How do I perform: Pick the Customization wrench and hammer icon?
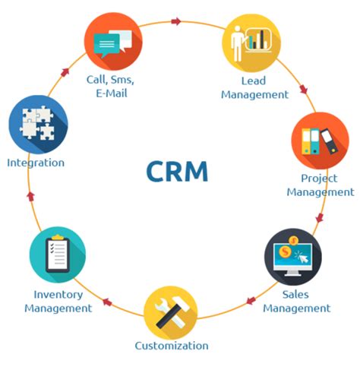[x=171, y=312]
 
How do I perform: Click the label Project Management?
[x=320, y=185]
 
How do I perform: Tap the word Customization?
[x=172, y=346]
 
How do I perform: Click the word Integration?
[x=36, y=163]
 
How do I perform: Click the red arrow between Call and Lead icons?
[x=176, y=21]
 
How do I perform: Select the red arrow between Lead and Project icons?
[x=304, y=90]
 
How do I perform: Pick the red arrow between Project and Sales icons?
[x=320, y=218]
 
